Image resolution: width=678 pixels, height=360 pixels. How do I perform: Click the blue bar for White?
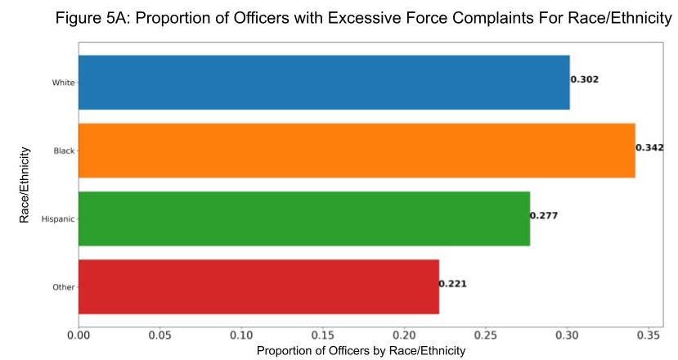(x=324, y=83)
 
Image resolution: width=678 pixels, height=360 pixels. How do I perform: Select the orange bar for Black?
(x=357, y=151)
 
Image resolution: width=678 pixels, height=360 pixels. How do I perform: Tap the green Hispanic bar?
(x=304, y=218)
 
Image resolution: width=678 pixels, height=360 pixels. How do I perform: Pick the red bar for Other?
(x=258, y=286)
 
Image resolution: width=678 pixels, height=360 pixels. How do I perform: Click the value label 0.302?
(x=585, y=79)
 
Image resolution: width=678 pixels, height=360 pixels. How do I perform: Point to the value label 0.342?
(x=650, y=148)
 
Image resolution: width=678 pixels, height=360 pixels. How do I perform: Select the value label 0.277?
(x=544, y=216)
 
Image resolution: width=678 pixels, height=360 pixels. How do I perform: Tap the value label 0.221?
(x=453, y=284)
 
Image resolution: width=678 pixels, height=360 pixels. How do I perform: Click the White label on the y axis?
(x=63, y=83)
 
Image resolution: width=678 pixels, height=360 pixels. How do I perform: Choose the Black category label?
(x=64, y=151)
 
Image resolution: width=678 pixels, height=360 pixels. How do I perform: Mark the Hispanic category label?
(x=58, y=219)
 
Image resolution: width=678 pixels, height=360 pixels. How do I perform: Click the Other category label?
(x=63, y=287)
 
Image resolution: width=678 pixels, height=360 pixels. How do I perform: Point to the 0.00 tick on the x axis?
(x=79, y=335)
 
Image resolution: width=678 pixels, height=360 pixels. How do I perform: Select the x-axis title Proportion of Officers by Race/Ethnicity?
(x=361, y=350)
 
